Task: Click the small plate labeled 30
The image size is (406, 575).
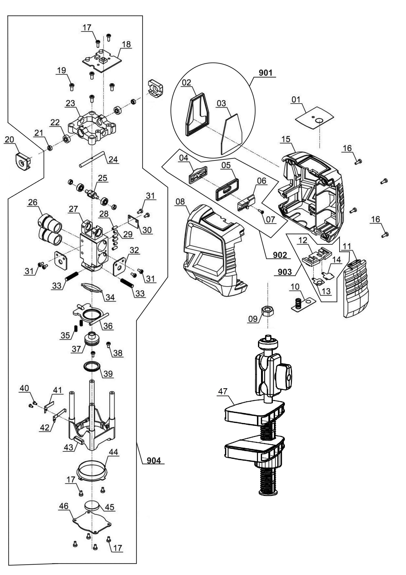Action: (134, 221)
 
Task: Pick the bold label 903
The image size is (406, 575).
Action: (285, 272)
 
